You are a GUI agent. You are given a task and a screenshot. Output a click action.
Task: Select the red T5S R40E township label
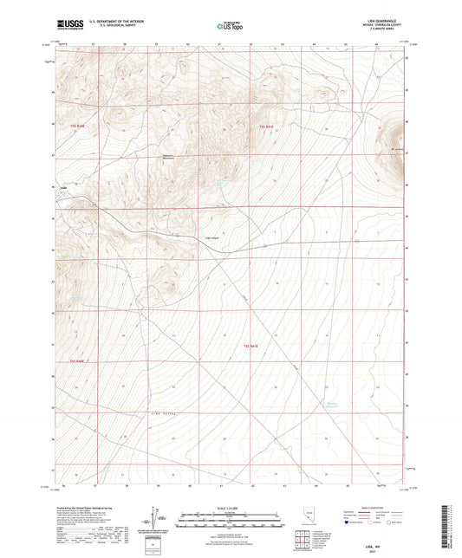(76, 127)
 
